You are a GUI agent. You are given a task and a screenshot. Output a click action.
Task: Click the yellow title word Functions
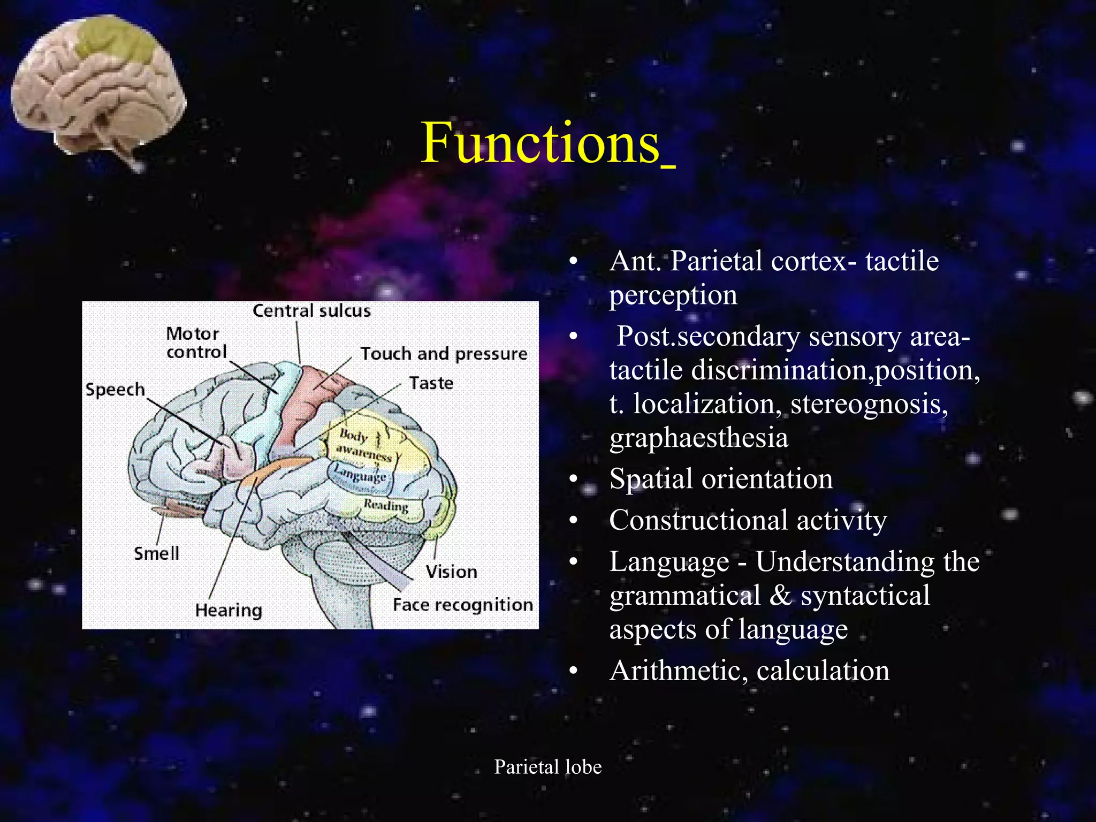(541, 143)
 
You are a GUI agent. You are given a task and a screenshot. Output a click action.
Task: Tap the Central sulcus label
(311, 311)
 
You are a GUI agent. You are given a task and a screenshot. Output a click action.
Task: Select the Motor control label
(196, 342)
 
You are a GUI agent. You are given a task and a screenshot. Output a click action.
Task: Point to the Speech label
(115, 390)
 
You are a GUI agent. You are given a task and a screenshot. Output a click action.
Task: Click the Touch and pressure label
(444, 354)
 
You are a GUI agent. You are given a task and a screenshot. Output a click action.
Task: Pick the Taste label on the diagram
(431, 383)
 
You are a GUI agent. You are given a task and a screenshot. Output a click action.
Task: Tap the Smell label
(156, 553)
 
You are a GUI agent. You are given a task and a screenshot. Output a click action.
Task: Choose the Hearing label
(229, 610)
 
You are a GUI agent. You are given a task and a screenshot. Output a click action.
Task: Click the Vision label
(451, 572)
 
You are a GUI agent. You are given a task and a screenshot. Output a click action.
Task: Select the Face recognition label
(462, 605)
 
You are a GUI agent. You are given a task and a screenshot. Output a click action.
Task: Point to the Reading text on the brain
(386, 505)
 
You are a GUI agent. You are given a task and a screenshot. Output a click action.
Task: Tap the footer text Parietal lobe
(547, 767)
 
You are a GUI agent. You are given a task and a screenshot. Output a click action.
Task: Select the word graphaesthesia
(698, 438)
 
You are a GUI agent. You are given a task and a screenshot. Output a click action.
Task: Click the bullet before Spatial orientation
(574, 479)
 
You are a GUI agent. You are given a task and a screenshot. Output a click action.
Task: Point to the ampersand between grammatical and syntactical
(780, 596)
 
